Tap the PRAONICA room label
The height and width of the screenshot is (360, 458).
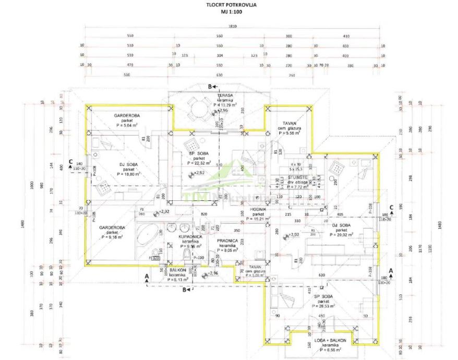228,241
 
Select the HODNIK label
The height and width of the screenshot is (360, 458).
259,209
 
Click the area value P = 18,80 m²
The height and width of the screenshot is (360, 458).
129,174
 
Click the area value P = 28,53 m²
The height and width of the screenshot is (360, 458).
323,307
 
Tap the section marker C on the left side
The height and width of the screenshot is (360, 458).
70,162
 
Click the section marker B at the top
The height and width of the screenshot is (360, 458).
210,86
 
